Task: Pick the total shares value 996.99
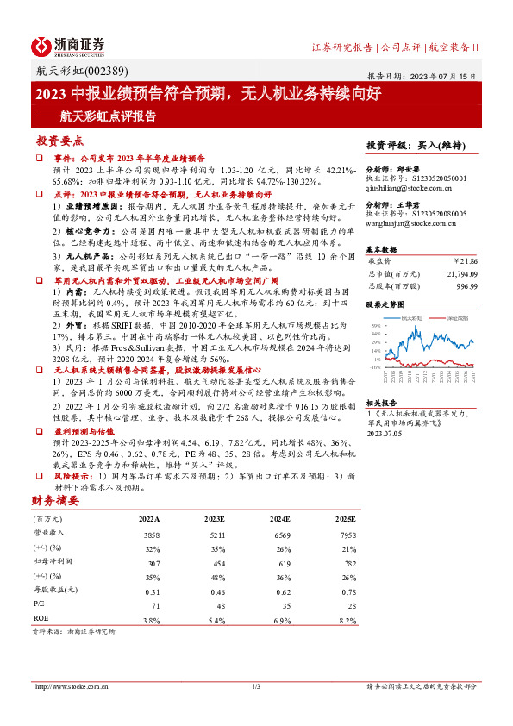pos(466,285)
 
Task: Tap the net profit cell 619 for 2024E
pos(280,561)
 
